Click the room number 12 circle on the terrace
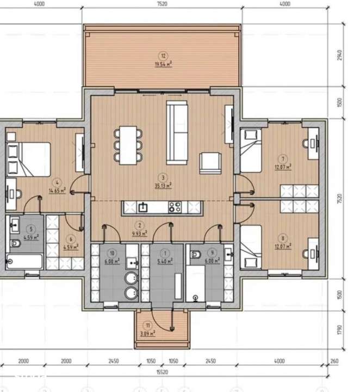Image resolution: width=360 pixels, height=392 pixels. [162, 54]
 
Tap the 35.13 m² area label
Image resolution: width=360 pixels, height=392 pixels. [163, 185]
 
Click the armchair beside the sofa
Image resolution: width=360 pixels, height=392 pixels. [211, 162]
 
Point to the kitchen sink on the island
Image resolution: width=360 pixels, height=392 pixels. [144, 206]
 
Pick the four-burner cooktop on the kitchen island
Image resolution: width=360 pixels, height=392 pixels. [175, 206]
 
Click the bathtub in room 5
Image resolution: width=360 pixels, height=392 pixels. [24, 260]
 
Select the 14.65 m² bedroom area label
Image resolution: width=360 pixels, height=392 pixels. [57, 191]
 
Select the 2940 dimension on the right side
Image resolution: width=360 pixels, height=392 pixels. [339, 54]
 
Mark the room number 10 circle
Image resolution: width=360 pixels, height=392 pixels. [112, 253]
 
